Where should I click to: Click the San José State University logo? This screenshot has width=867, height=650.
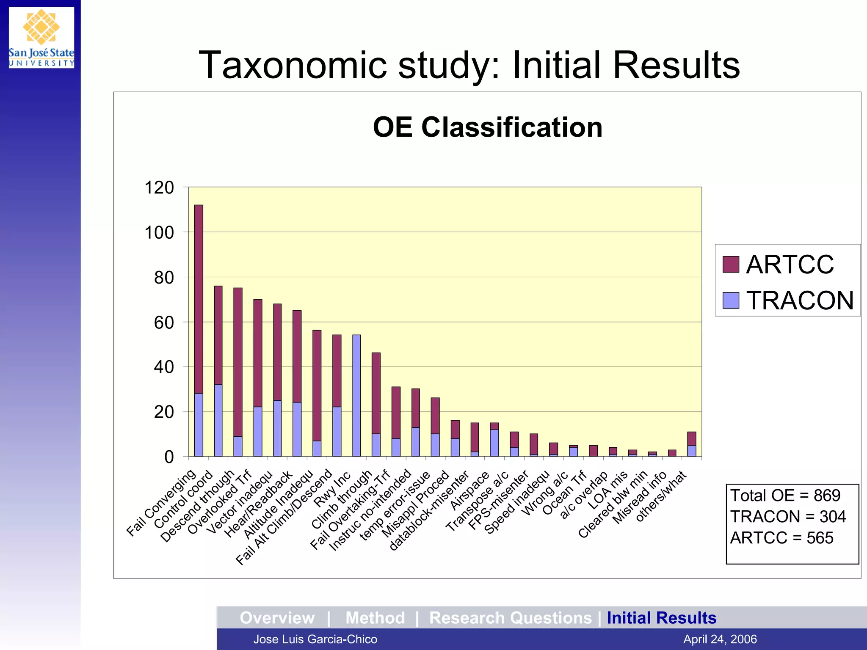point(41,37)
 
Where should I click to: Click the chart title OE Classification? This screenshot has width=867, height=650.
point(487,127)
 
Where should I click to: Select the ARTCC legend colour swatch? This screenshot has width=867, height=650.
point(731,264)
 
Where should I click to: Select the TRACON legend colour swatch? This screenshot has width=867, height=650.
point(731,300)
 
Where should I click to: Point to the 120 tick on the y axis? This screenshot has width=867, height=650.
point(159,187)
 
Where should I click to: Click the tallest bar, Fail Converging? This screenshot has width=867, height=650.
point(199,330)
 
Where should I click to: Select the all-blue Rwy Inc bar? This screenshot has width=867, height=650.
point(356,395)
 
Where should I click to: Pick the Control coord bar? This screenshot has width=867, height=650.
point(218,371)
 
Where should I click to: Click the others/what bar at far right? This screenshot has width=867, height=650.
point(692,444)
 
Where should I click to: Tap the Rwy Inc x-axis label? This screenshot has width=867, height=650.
point(332,489)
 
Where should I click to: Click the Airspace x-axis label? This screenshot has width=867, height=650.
point(469,491)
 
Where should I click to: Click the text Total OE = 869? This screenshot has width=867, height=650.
point(785,496)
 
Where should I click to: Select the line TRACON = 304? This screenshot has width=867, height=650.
point(787,517)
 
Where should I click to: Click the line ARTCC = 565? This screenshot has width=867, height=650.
point(781,538)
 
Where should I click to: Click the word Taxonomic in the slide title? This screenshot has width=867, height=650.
point(293,65)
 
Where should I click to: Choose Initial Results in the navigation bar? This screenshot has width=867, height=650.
point(661,618)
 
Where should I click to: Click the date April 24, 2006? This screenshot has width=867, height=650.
point(720,639)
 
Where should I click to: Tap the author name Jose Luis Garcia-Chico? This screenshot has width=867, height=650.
point(315,639)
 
